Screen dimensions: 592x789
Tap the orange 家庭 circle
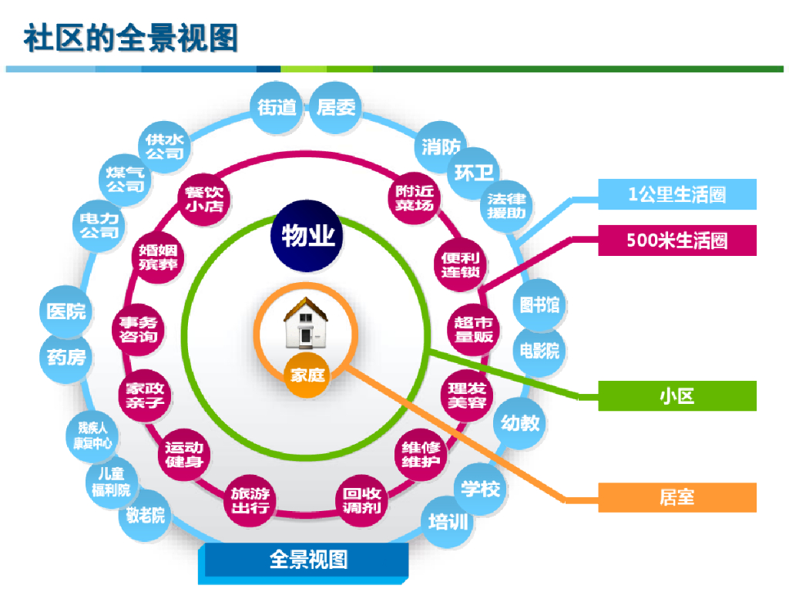pyautogui.click(x=306, y=376)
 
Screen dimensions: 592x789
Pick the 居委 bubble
pyautogui.click(x=337, y=107)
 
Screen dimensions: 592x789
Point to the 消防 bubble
pyautogui.click(x=441, y=146)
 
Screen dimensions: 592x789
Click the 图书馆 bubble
pyautogui.click(x=539, y=304)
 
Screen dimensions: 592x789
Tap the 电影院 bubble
pyautogui.click(x=539, y=351)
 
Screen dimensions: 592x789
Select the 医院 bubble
pyautogui.click(x=66, y=311)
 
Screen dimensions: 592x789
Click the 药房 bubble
pyautogui.click(x=66, y=356)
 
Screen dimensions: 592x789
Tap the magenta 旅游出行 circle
pyautogui.click(x=250, y=499)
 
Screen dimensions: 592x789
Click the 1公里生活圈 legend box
pyautogui.click(x=677, y=194)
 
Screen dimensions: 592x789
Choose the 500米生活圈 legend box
pyautogui.click(x=677, y=240)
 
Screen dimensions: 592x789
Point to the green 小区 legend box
pyautogui.click(x=677, y=396)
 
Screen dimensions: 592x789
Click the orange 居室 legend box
pyautogui.click(x=677, y=497)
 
